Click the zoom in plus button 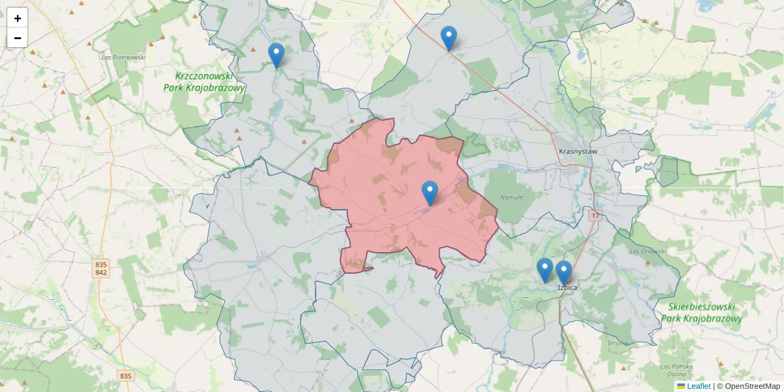pyautogui.click(x=18, y=18)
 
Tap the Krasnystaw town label pyautogui.click(x=578, y=152)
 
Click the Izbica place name pyautogui.click(x=568, y=287)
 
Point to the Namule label pyautogui.click(x=511, y=197)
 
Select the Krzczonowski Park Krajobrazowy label pyautogui.click(x=203, y=82)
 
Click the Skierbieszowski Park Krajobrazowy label pyautogui.click(x=701, y=313)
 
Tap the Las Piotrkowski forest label pyautogui.click(x=123, y=57)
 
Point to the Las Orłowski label pyautogui.click(x=647, y=251)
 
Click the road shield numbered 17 pyautogui.click(x=595, y=216)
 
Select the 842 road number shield pyautogui.click(x=101, y=272)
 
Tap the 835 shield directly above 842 pyautogui.click(x=101, y=265)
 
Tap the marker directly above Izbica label pyautogui.click(x=563, y=273)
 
